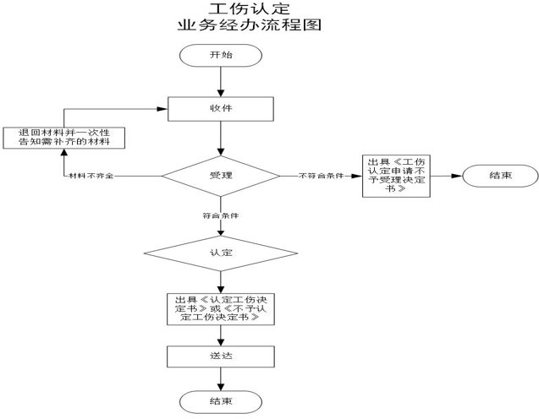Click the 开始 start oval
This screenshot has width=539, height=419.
pos(220,55)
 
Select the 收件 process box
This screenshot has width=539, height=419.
pos(220,108)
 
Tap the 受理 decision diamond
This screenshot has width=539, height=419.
pos(220,176)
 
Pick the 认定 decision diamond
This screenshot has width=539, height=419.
pos(220,253)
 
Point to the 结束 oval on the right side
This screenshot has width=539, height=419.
pos(499,176)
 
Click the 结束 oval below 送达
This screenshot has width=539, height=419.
pos(220,399)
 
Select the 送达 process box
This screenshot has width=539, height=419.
pos(220,356)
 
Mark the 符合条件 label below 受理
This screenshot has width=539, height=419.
pos(220,215)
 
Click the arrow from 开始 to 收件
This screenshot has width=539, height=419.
pos(220,82)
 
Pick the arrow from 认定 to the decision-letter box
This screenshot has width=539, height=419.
pos(220,280)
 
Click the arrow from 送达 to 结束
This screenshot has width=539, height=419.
pos(220,377)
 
